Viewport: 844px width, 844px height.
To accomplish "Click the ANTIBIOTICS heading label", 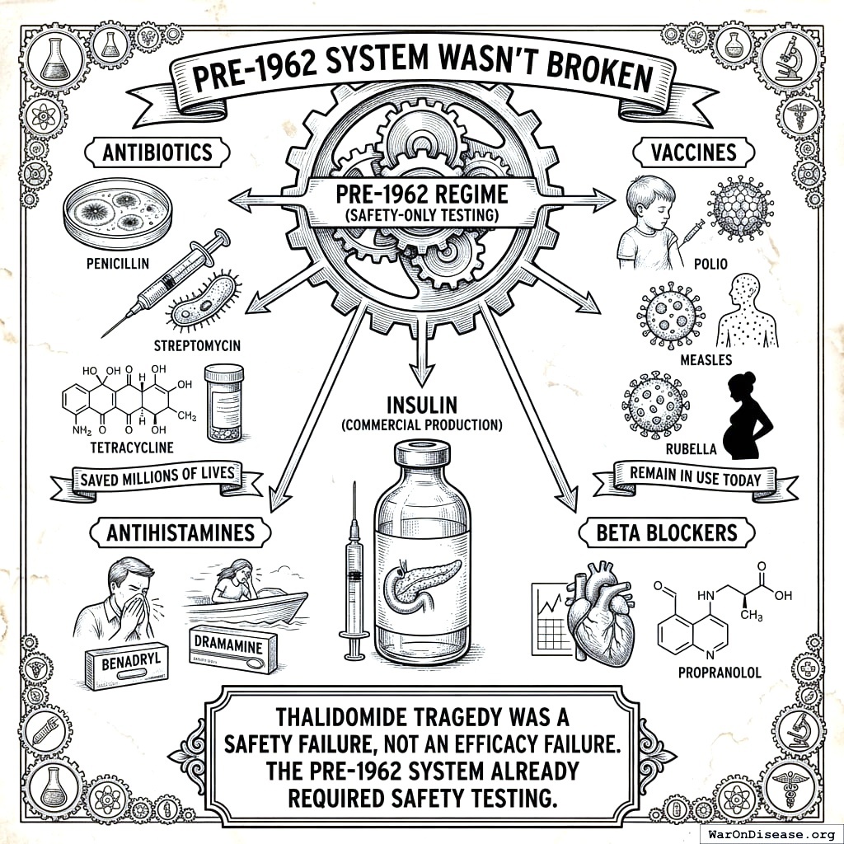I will pyautogui.click(x=157, y=152).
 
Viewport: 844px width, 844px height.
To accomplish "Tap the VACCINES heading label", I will pyautogui.click(x=682, y=152).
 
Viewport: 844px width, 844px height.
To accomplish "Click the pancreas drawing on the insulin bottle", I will pyautogui.click(x=423, y=577).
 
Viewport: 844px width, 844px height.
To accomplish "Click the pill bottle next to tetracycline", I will pyautogui.click(x=224, y=404).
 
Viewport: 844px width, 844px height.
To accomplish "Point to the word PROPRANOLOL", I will pyautogui.click(x=720, y=672).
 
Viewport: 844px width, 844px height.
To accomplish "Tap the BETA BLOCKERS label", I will pyautogui.click(x=668, y=533).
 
